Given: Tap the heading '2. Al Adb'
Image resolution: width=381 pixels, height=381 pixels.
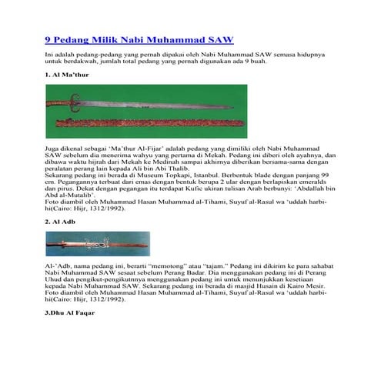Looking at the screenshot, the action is (x=59, y=222).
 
